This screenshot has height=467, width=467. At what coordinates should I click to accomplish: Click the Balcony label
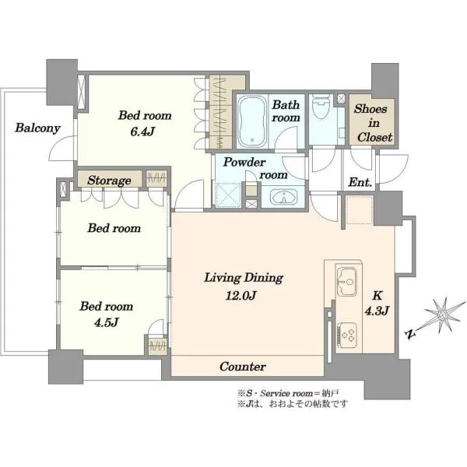38,128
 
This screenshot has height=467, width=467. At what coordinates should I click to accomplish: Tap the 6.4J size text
142,132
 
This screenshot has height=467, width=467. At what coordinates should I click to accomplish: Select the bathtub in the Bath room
252,121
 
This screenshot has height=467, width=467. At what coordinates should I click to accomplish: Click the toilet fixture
321,107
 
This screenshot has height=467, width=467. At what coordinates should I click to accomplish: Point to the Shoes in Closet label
374,123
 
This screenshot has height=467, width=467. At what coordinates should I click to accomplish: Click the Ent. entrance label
360,182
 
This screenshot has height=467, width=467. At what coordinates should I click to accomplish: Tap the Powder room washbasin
283,197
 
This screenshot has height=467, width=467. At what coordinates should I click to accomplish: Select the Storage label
109,181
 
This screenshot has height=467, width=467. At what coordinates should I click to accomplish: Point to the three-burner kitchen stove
347,335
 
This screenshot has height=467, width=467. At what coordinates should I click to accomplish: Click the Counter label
243,367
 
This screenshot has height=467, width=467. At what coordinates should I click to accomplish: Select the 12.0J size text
241,296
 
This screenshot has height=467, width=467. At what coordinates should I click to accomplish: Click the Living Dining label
244,278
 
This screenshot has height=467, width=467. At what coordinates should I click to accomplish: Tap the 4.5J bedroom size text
107,322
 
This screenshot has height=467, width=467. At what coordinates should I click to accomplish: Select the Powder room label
255,168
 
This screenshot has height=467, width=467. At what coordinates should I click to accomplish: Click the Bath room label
286,111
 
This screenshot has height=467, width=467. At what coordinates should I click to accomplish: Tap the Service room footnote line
288,393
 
